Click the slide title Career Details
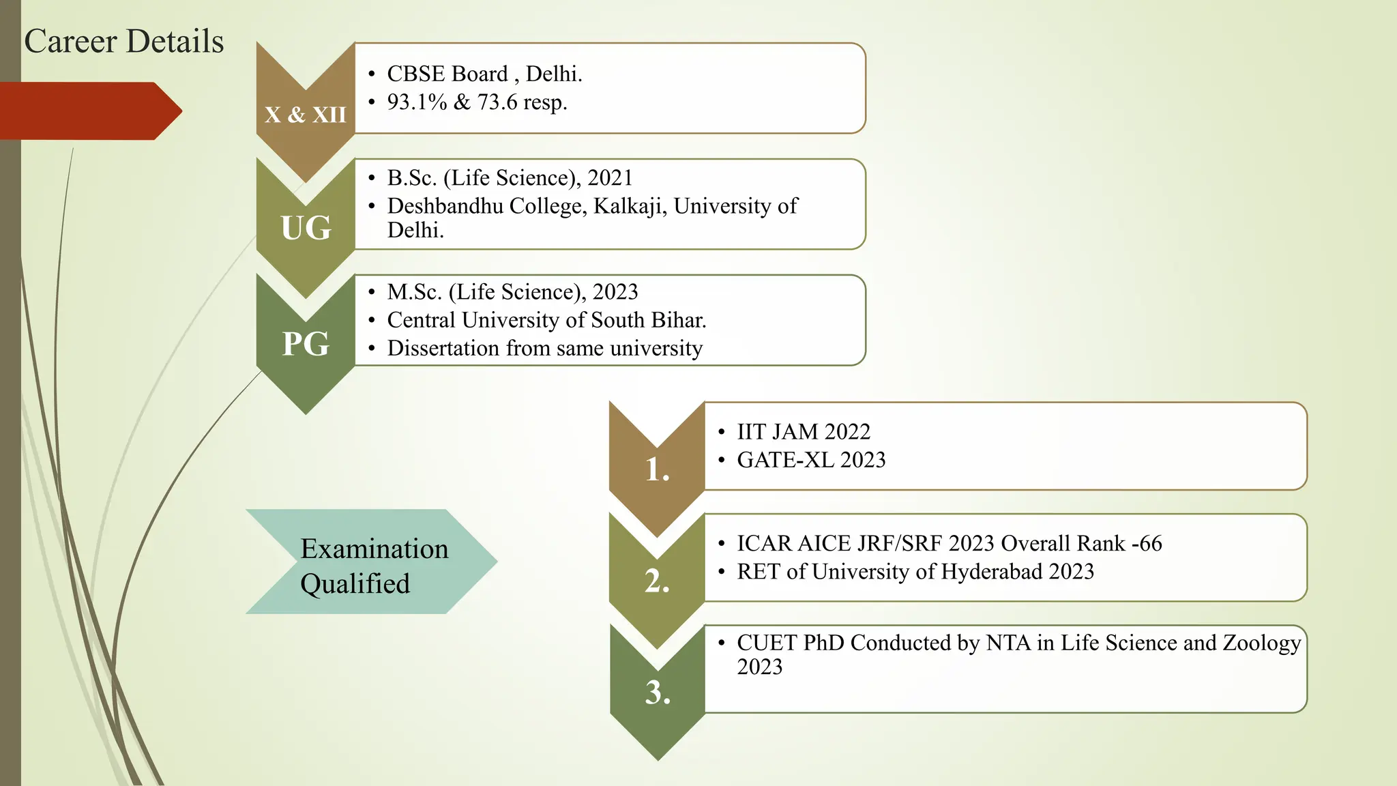pos(123,42)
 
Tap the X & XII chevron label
pos(306,115)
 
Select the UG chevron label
pos(306,227)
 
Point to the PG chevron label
pos(306,343)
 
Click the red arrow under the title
pos(89,111)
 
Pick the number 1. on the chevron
pos(657,470)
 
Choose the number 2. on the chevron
pos(657,581)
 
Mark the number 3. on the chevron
pos(658,693)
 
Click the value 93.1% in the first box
pos(417,102)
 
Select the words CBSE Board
pos(447,74)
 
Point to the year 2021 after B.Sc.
pos(610,178)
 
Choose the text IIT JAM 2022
pos(804,432)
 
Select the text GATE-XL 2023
pos(811,461)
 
